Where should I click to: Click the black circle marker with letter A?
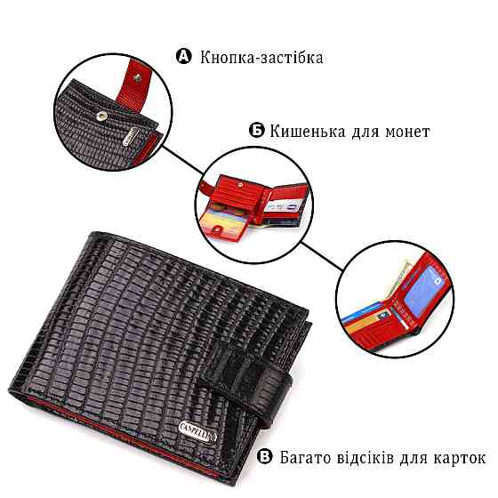(184, 56)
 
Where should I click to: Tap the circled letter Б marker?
(256, 130)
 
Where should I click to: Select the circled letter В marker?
(264, 456)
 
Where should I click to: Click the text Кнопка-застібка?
(261, 58)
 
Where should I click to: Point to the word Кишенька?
(307, 132)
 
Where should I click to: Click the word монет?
(407, 132)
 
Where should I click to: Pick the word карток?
(459, 459)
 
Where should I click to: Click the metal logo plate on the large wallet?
(197, 430)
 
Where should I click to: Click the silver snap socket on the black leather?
(101, 116)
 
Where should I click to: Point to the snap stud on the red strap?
(137, 78)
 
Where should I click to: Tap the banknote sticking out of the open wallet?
(397, 278)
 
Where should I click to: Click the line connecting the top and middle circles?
(182, 161)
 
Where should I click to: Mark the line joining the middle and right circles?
(321, 257)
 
